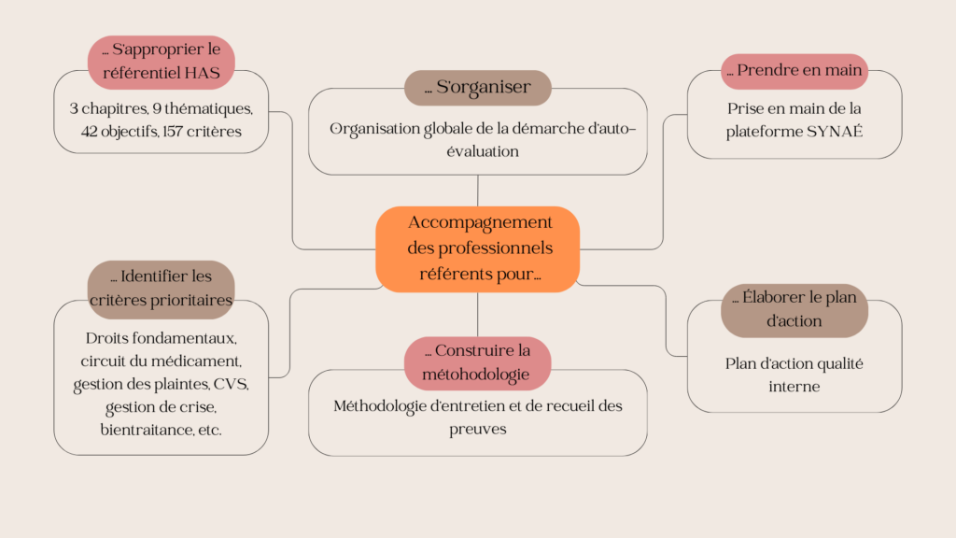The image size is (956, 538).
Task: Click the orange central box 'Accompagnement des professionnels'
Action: tap(477, 248)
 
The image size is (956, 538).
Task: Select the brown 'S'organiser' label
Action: tap(477, 88)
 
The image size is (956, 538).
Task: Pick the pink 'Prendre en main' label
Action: tap(794, 71)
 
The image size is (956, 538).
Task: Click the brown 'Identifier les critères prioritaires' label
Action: tap(161, 289)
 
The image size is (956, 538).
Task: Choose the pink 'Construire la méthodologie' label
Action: tap(477, 362)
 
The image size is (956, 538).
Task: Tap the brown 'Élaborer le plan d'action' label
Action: tap(794, 309)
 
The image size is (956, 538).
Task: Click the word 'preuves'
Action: tap(477, 429)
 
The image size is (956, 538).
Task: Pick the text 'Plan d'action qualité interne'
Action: tap(794, 375)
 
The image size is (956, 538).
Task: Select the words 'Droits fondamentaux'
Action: tap(161, 337)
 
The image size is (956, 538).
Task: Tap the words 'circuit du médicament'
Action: tap(161, 361)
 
